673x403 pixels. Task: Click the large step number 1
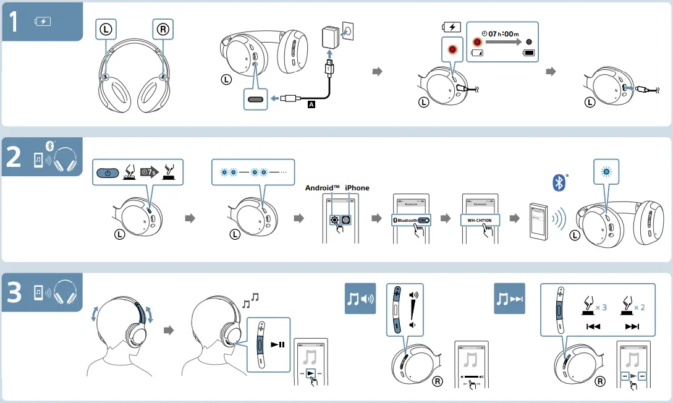pyautogui.click(x=15, y=22)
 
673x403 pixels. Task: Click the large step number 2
pyautogui.click(x=15, y=157)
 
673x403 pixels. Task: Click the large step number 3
pyautogui.click(x=15, y=292)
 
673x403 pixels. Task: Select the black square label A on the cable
pyautogui.click(x=311, y=105)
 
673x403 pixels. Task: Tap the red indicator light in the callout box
pyautogui.click(x=453, y=49)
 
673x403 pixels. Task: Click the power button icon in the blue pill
pyautogui.click(x=108, y=172)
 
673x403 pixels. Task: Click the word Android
pyautogui.click(x=323, y=188)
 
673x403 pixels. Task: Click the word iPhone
pyautogui.click(x=357, y=188)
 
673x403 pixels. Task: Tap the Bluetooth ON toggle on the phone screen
pyautogui.click(x=423, y=220)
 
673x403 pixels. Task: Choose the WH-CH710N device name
pyautogui.click(x=480, y=219)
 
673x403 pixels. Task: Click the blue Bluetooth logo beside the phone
pyautogui.click(x=558, y=182)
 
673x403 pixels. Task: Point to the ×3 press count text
pyautogui.click(x=600, y=307)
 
